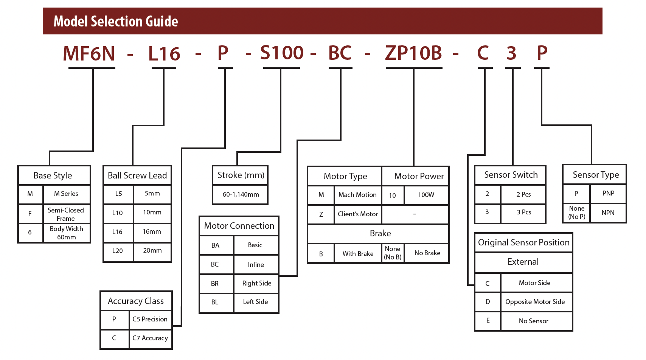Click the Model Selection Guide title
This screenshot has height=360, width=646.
coord(116,22)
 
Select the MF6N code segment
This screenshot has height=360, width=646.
coord(89,53)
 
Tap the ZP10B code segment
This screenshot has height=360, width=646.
coord(413,53)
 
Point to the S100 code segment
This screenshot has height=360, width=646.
coord(282,53)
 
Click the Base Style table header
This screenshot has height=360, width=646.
coord(53,175)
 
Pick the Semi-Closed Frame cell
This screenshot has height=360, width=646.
coord(66,214)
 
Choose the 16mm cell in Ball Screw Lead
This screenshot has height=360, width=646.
coord(152,231)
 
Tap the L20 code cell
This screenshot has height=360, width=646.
coord(118,251)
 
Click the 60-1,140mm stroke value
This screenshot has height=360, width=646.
coord(241,194)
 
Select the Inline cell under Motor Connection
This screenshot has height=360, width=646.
coord(256,265)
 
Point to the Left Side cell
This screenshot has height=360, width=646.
coord(256,302)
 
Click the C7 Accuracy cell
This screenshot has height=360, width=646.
coord(150,338)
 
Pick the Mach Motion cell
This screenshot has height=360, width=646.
coord(357,195)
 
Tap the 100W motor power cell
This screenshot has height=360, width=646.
coord(426,195)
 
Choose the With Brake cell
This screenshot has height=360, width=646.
coord(358,253)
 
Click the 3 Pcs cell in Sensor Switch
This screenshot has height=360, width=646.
coord(524,212)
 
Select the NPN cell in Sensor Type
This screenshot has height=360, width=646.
coord(608,213)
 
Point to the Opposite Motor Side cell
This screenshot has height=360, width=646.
coord(535,302)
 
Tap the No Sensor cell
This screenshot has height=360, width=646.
coord(534,321)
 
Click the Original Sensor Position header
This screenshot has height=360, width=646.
coord(524,242)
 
